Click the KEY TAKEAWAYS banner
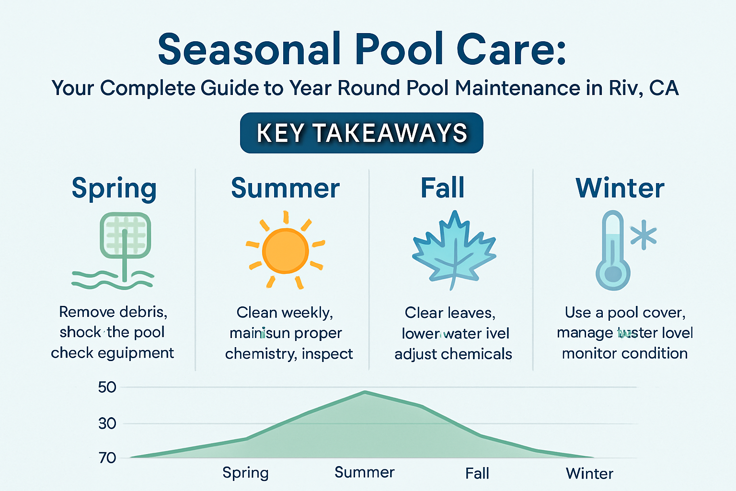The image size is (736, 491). [x=361, y=133]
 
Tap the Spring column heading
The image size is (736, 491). [x=114, y=188]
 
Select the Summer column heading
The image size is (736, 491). [x=285, y=188]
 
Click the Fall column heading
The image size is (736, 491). [x=442, y=187]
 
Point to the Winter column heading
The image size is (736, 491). [x=620, y=188]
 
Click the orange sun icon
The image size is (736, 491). [x=285, y=250]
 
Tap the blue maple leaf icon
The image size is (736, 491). [x=453, y=250]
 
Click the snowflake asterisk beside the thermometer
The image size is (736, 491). [x=643, y=235]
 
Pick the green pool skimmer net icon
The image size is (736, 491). [x=125, y=240]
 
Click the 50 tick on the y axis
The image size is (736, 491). [x=107, y=387]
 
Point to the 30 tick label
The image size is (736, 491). [x=107, y=423]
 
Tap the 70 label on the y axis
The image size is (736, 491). [x=107, y=458]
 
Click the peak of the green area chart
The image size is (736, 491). [x=365, y=392]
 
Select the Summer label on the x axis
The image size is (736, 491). [x=364, y=472]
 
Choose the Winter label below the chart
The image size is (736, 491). [x=589, y=474]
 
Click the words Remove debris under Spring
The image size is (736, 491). [x=113, y=312]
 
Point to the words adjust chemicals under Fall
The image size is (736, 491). [x=453, y=354]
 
